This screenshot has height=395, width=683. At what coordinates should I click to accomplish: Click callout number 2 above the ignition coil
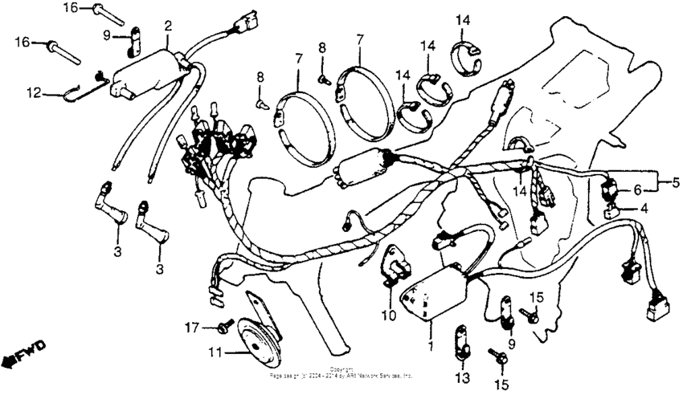tap(168, 26)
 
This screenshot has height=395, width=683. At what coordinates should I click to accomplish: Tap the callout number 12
tap(34, 93)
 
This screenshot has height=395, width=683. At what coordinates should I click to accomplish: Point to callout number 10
tap(389, 316)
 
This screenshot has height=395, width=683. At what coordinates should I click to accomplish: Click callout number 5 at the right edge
tap(675, 182)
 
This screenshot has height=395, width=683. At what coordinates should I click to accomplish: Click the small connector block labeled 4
tap(612, 212)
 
